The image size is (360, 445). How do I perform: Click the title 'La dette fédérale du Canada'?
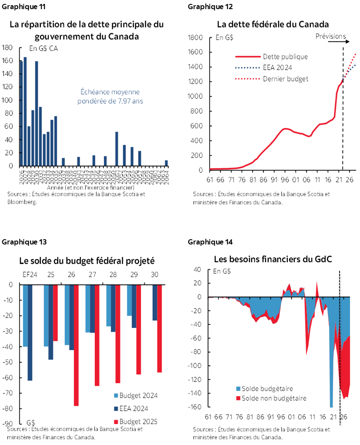[273, 24]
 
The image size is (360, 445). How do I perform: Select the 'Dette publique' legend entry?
[285, 57]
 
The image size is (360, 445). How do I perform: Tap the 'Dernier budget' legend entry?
[286, 79]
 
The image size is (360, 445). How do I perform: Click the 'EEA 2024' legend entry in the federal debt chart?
[277, 67]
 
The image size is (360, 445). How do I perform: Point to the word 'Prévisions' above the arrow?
[330, 36]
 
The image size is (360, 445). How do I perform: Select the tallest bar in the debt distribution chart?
[25, 112]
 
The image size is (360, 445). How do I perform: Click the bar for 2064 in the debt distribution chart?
[166, 163]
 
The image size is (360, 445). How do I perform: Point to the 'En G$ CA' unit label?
[43, 48]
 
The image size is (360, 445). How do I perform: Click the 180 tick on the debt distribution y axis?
[7, 47]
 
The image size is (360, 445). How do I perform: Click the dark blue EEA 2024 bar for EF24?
[30, 332]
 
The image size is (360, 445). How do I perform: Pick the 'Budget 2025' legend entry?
[138, 421]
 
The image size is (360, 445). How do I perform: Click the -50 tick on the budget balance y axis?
[10, 362]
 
